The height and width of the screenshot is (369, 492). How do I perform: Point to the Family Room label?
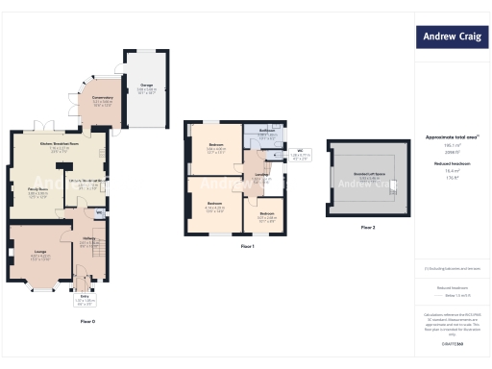pyautogui.click(x=37, y=191)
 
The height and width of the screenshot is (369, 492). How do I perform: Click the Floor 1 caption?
pyautogui.click(x=247, y=247)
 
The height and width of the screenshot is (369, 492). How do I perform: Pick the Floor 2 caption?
pyautogui.click(x=368, y=227)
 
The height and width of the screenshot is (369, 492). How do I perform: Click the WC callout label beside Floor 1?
pyautogui.click(x=301, y=150)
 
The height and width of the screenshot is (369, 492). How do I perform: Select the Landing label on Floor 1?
pyautogui.click(x=260, y=175)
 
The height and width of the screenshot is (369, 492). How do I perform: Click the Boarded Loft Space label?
pyautogui.click(x=368, y=176)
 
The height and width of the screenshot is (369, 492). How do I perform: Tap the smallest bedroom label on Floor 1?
pyautogui.click(x=266, y=213)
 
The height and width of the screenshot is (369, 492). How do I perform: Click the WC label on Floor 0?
pyautogui.click(x=99, y=211)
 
